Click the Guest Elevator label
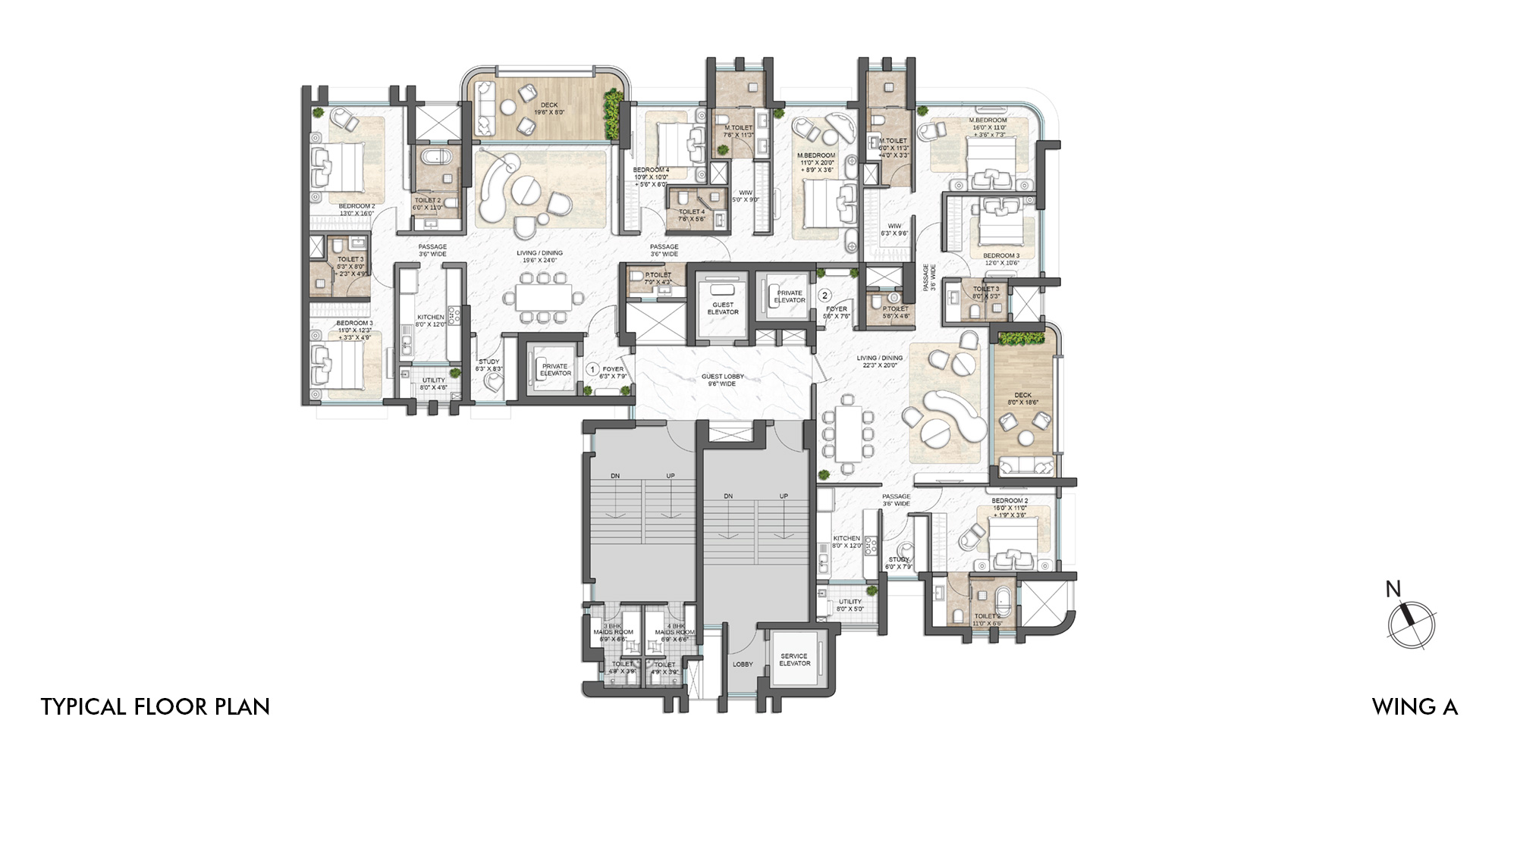pyautogui.click(x=722, y=308)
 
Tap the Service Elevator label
pyautogui.click(x=794, y=659)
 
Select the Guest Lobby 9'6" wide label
pyautogui.click(x=722, y=380)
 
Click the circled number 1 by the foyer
pyautogui.click(x=593, y=370)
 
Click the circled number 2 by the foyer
pyautogui.click(x=824, y=296)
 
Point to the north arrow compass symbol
pyautogui.click(x=1411, y=623)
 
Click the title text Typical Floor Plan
pyautogui.click(x=155, y=706)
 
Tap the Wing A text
pyautogui.click(x=1415, y=706)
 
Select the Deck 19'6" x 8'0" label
pyautogui.click(x=549, y=108)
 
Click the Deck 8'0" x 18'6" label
pyautogui.click(x=1022, y=399)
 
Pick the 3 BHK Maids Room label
pyautogui.click(x=613, y=632)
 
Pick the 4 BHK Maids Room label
pyautogui.click(x=674, y=632)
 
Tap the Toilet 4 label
pyautogui.click(x=691, y=215)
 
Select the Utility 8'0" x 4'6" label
pyautogui.click(x=434, y=383)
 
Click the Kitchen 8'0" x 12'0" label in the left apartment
pyautogui.click(x=430, y=321)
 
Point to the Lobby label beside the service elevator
pyautogui.click(x=743, y=664)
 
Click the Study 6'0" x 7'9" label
pyautogui.click(x=898, y=562)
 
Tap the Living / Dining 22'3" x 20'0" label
pyautogui.click(x=880, y=361)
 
